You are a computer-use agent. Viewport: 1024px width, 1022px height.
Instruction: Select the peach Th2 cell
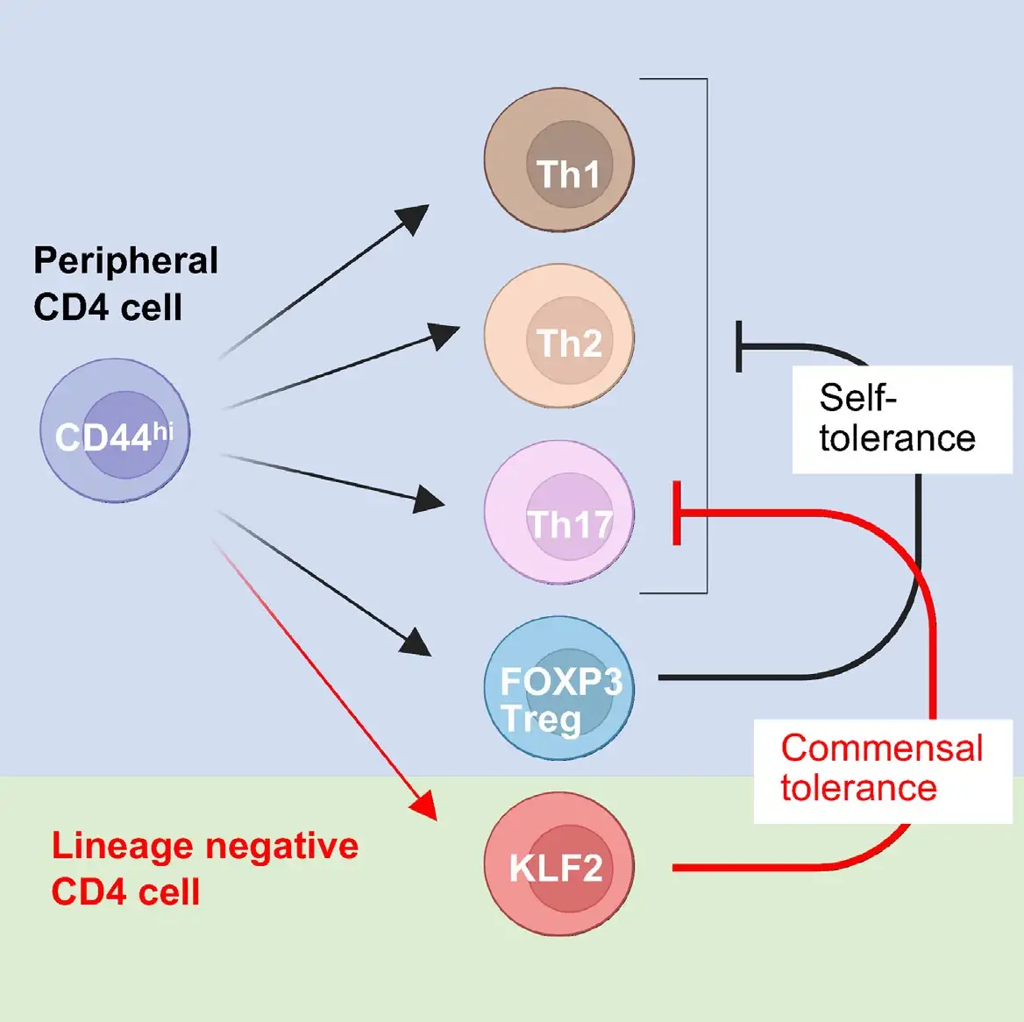(558, 338)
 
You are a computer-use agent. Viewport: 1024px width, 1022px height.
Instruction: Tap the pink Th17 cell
(558, 513)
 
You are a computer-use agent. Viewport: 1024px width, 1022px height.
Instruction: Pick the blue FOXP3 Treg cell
(558, 688)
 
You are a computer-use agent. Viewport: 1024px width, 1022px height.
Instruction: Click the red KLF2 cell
(558, 865)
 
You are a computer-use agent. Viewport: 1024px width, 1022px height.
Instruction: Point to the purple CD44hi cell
(115, 430)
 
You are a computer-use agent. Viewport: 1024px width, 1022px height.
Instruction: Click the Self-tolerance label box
(901, 419)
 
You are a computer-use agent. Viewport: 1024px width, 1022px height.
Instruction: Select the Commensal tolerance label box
(882, 770)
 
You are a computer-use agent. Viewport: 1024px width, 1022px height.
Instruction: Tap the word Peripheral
(125, 261)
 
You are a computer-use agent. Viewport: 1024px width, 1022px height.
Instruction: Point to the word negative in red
(281, 846)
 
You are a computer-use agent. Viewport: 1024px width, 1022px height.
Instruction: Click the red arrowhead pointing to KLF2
(425, 806)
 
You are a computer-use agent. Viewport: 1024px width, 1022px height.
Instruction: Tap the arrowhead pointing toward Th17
(430, 500)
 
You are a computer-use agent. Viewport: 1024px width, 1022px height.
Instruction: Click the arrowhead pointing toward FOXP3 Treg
(416, 643)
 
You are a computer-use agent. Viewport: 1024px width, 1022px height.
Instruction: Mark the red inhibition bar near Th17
(677, 513)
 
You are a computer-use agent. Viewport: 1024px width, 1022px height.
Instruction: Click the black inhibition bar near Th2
(739, 346)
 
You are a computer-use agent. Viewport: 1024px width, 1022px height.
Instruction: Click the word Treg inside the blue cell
(542, 720)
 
